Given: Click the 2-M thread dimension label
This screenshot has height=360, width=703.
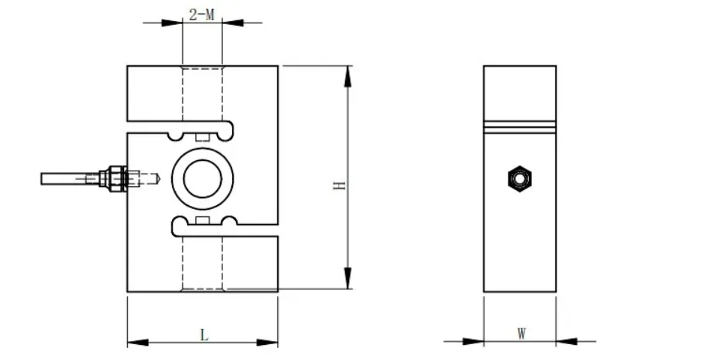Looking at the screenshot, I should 201,14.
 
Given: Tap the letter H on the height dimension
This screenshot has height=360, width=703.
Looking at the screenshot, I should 339,184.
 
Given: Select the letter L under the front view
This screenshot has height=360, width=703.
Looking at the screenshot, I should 204,334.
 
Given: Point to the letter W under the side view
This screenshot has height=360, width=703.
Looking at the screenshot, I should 521,333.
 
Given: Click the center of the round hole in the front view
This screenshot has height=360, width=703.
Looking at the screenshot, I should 202,178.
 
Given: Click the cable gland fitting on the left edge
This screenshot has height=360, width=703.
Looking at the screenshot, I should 115,178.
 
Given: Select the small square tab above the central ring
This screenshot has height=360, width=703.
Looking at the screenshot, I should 201,138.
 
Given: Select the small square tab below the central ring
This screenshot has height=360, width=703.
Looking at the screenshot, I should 201,219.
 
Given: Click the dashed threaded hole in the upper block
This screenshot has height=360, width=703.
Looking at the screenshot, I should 202,94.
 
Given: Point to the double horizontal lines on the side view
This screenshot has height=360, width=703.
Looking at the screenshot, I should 520,126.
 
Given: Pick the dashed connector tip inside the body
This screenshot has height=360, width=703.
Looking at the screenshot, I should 150,179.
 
